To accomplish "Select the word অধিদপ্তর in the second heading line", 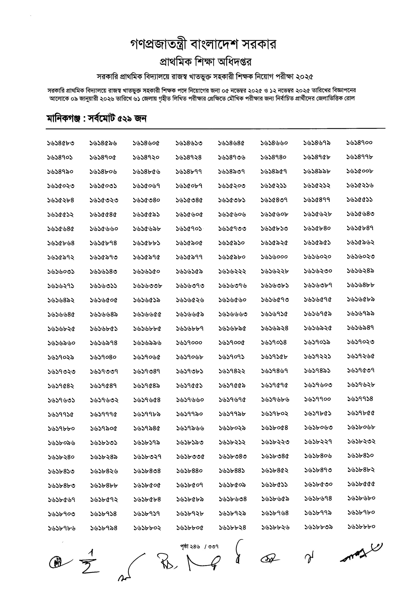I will click(235, 62).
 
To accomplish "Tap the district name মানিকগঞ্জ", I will click(63, 119).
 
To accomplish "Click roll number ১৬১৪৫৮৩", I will click(61, 143).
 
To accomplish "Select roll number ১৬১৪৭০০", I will click(359, 143).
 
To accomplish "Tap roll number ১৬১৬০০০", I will click(274, 257).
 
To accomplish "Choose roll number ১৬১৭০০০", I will click(189, 342).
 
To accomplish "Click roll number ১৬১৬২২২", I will click(232, 271).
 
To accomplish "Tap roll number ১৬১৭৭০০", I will click(317, 399).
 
